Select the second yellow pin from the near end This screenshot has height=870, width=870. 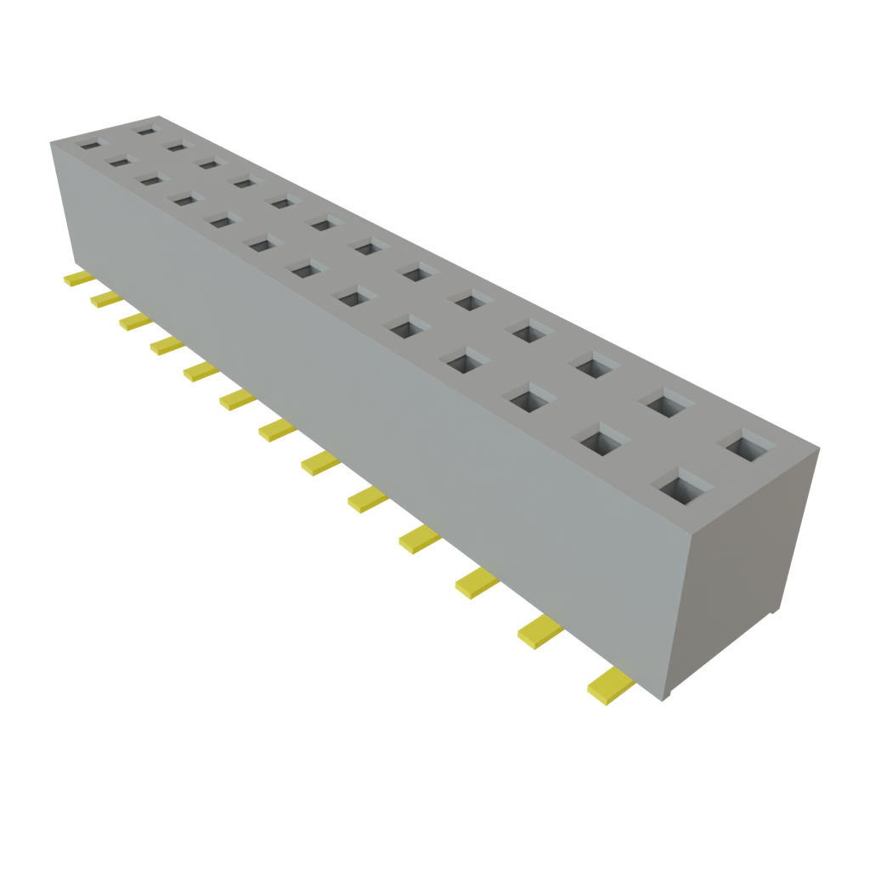(x=540, y=632)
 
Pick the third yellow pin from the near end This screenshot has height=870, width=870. (x=476, y=585)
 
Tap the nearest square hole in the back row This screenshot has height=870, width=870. (x=745, y=445)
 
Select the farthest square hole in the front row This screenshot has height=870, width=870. (x=89, y=144)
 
